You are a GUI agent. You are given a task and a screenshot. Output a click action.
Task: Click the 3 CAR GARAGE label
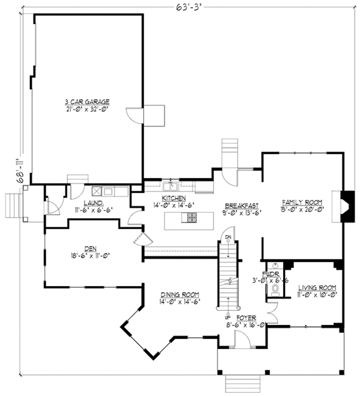(x=88, y=102)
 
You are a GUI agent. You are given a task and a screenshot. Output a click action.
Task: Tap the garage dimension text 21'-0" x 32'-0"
(x=88, y=110)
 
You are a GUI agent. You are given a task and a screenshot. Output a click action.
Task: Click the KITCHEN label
(x=174, y=198)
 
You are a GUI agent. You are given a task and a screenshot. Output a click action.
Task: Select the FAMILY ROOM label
(x=302, y=202)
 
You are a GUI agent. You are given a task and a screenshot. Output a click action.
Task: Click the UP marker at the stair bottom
(x=227, y=316)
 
